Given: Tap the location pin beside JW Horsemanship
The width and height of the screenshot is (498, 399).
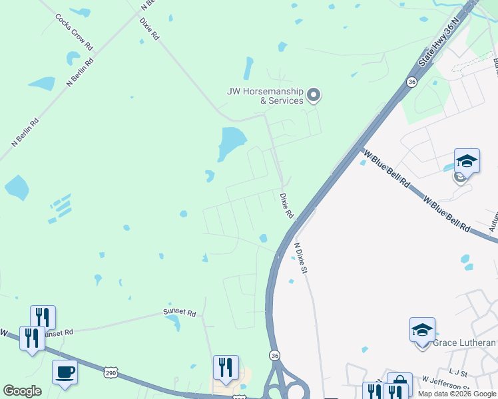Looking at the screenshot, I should (314, 96).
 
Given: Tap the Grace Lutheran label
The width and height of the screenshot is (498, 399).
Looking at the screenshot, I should (464, 343).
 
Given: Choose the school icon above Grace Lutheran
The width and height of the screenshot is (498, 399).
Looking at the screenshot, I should (422, 330).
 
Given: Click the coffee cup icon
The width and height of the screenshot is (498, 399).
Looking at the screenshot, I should (65, 372).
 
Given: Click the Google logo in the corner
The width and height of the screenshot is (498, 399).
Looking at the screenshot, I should (22, 391).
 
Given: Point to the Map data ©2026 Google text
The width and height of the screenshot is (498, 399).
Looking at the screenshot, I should (457, 394).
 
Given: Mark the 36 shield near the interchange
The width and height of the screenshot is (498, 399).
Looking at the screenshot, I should (275, 356).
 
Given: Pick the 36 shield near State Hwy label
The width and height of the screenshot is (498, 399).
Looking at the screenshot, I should (412, 82).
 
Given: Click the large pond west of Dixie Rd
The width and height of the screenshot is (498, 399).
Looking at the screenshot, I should (230, 142).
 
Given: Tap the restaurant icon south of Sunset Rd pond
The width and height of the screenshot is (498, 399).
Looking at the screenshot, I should (225, 368).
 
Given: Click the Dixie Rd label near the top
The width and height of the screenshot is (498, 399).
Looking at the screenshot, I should (150, 28).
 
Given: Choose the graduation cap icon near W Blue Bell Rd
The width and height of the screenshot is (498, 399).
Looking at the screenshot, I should (467, 161).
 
